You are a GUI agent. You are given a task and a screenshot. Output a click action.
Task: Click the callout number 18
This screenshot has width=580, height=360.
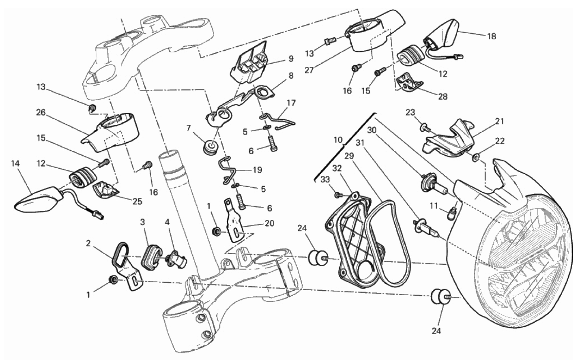coord(491,36)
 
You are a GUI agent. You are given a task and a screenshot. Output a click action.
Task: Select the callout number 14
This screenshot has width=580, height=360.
coord(15,163)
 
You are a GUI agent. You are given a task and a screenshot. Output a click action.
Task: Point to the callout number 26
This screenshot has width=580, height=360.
coord(40,113)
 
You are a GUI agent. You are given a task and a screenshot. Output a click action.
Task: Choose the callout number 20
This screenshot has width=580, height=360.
coord(269,223)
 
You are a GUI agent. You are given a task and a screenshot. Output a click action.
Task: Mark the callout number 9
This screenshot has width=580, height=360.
coord(291,59)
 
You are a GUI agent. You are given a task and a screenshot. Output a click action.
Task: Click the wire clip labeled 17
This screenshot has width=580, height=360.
coord(280,121)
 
